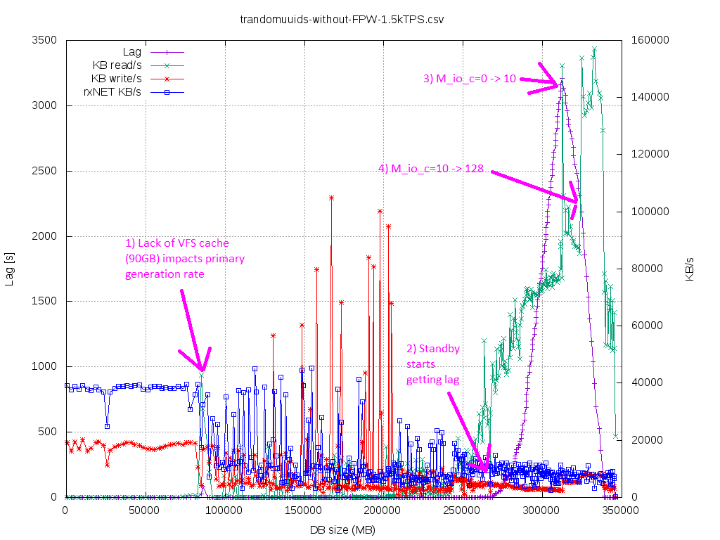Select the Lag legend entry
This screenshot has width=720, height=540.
(131, 52)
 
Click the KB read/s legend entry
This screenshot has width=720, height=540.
(117, 65)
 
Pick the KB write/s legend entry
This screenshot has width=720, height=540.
(116, 77)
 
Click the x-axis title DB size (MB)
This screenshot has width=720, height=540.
(342, 529)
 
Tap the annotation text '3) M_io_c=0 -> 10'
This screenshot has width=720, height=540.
(469, 79)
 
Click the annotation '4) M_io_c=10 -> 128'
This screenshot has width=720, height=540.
(430, 169)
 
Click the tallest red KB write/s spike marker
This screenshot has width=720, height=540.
(331, 198)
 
